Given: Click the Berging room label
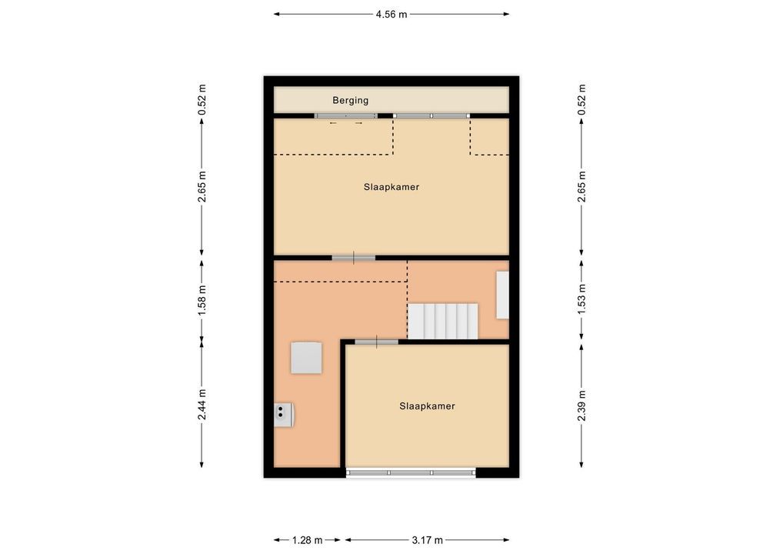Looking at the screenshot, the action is (351, 100).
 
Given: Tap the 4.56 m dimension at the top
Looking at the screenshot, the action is (391, 15).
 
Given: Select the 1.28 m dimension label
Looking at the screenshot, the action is (307, 540).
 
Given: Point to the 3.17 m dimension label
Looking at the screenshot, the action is (427, 540).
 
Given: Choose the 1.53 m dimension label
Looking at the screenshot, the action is (581, 299).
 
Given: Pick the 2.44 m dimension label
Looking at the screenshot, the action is (202, 405).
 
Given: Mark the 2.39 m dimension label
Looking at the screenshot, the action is (581, 405).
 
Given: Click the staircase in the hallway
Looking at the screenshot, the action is (443, 321).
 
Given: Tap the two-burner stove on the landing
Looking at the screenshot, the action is (283, 415).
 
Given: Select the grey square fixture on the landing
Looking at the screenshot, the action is (307, 358).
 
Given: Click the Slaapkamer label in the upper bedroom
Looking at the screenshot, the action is (391, 187).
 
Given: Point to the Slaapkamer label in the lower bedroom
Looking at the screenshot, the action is (428, 406).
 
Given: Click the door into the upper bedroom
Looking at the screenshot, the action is (354, 258).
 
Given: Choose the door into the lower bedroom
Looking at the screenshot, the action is (377, 342).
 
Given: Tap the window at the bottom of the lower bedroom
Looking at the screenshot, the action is (411, 472).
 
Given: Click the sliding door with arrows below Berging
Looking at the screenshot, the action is (345, 116).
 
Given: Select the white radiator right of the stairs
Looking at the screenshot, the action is (502, 295).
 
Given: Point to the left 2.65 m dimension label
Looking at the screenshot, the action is (202, 187).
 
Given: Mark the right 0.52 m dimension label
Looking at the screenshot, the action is (581, 99).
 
